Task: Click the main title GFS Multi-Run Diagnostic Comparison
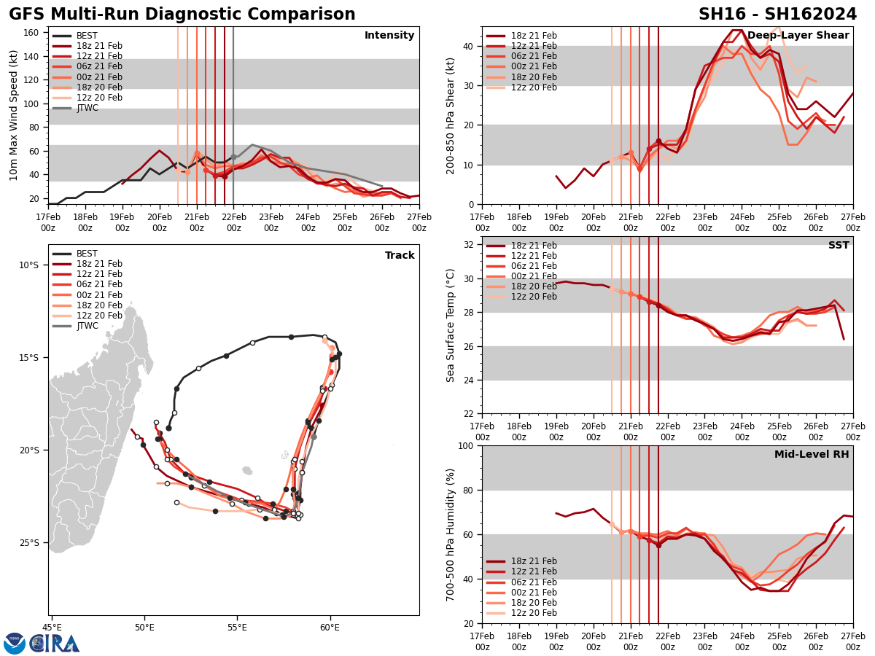point(182,15)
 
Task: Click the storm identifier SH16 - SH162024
point(777,15)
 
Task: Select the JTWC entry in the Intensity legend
point(87,108)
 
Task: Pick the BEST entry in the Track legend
point(87,254)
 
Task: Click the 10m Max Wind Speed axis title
point(14,115)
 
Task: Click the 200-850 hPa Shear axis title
point(451,115)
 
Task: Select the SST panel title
point(838,246)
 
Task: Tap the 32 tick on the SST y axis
point(468,245)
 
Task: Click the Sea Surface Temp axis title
point(451,325)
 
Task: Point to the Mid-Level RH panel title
point(812,455)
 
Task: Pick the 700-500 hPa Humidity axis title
point(451,534)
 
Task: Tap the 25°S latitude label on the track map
point(30,542)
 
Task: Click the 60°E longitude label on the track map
point(330,627)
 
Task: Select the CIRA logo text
point(55,643)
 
